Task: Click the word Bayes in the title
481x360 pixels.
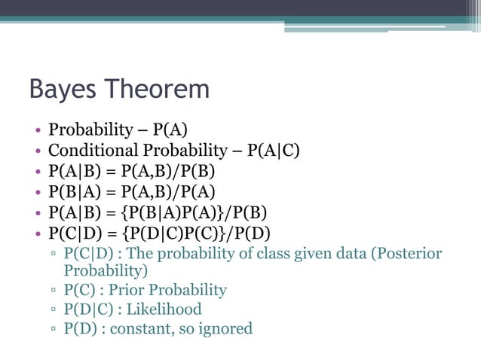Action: pos(63,90)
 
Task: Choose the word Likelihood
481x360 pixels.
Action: pos(163,309)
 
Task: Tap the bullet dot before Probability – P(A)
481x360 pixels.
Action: pos(37,130)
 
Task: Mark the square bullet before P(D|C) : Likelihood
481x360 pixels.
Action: pos(54,310)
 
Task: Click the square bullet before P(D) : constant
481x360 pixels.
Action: pos(54,329)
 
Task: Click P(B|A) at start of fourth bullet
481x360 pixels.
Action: pos(70,191)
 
